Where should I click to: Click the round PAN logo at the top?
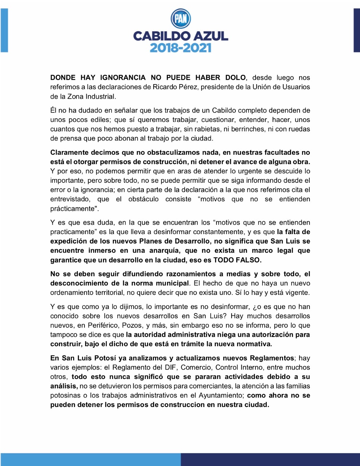(181, 18)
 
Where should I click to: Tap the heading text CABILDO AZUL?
(181, 36)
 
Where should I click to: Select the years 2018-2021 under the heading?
(181, 48)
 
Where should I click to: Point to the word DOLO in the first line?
(235, 78)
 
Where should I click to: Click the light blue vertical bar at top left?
(4, 30)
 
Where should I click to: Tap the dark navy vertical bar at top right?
(356, 30)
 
